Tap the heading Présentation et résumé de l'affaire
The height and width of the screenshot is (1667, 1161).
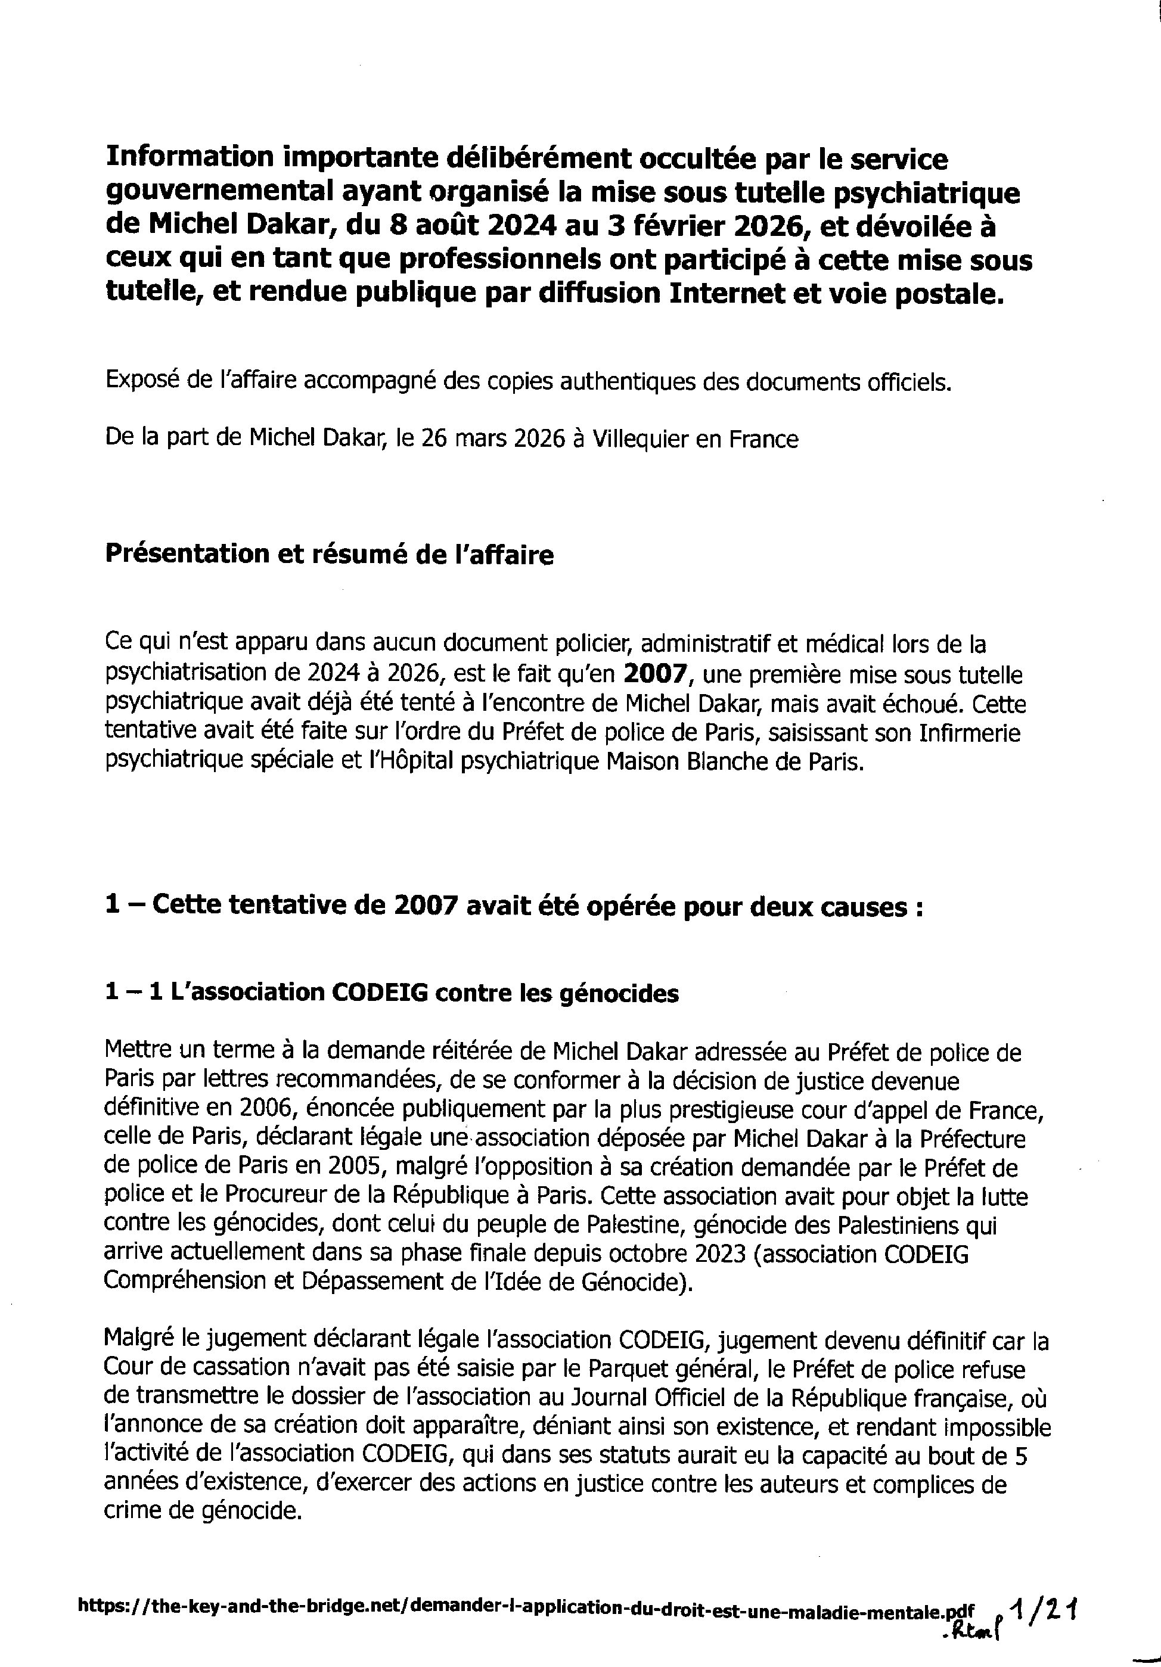tap(329, 555)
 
